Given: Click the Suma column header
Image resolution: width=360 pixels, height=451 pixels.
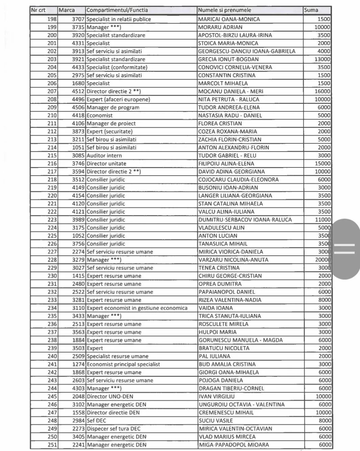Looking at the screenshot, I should tap(311, 10).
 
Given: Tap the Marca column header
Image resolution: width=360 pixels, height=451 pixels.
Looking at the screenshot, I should tap(67, 10).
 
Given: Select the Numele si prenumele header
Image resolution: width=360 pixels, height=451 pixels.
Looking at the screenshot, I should tap(224, 10).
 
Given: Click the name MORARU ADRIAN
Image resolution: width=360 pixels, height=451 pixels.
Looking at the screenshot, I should tap(220, 27).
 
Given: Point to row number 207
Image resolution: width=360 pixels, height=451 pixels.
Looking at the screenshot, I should tap(52, 91).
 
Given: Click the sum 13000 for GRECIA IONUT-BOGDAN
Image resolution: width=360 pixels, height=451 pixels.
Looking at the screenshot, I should tap(322, 59).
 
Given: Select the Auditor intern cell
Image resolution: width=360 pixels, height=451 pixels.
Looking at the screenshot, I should tap(104, 156).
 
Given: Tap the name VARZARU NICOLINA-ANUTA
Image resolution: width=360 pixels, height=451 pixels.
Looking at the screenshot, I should tap(233, 260).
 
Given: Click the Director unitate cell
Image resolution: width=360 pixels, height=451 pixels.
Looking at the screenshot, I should tap(106, 163).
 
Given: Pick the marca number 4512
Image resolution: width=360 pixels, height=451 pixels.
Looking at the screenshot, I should tap(78, 91).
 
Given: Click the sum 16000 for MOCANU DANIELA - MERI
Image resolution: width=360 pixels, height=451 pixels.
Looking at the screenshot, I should tap(322, 91).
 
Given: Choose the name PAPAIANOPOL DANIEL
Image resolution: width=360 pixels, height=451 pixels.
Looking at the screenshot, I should tap(227, 292).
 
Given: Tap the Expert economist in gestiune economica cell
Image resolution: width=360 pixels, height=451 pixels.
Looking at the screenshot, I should tap(137, 308).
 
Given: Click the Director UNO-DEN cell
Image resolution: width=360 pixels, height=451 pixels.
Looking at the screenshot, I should tap(110, 397).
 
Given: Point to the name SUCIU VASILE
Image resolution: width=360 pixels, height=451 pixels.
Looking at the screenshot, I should tap(216, 421).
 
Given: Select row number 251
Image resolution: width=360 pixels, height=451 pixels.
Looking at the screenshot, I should tap(52, 445).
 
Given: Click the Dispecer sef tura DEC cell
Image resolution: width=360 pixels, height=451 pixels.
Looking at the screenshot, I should tap(113, 429).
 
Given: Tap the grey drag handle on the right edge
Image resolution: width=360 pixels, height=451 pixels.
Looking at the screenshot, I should tap(345, 249).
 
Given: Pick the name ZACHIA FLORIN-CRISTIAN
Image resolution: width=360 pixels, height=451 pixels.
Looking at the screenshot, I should tap(230, 139).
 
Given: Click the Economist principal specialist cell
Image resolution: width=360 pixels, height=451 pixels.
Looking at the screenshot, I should tap(123, 364).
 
